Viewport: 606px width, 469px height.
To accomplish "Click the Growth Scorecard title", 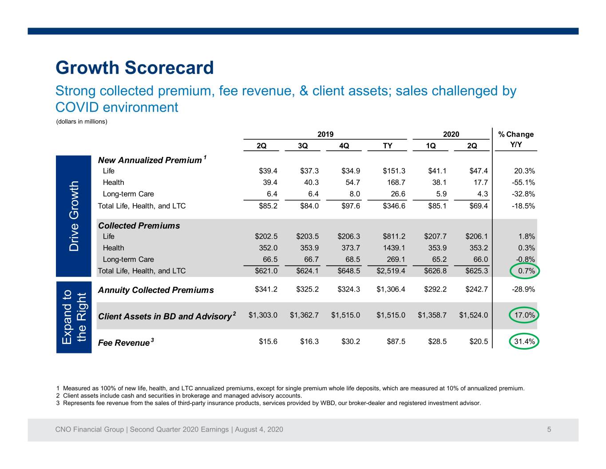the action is point(135,68).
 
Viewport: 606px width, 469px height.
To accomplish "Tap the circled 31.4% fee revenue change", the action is point(524,341).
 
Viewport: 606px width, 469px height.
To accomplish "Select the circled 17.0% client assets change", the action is point(524,315).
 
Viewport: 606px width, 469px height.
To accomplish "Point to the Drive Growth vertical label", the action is point(74,216).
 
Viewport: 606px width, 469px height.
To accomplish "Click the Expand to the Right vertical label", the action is point(74,317).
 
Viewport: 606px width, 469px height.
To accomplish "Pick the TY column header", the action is point(388,146).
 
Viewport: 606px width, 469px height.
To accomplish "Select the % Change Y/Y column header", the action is point(516,139).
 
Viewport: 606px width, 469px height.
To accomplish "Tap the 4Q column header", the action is point(344,146).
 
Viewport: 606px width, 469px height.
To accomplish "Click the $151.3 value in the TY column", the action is point(394,171).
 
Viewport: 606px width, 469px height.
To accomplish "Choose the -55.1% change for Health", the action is point(523,182).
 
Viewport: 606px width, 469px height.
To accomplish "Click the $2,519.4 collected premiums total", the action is point(391,271).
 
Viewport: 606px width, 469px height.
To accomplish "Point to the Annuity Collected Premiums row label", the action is point(156,290).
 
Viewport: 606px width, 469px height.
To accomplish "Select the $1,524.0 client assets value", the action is point(474,315).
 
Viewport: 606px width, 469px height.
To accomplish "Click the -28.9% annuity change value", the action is point(523,289).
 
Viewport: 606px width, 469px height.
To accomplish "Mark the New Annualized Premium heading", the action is point(152,160).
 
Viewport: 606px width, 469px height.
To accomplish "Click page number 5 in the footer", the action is point(549,429).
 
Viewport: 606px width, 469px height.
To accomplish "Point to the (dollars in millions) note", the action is point(82,121).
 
